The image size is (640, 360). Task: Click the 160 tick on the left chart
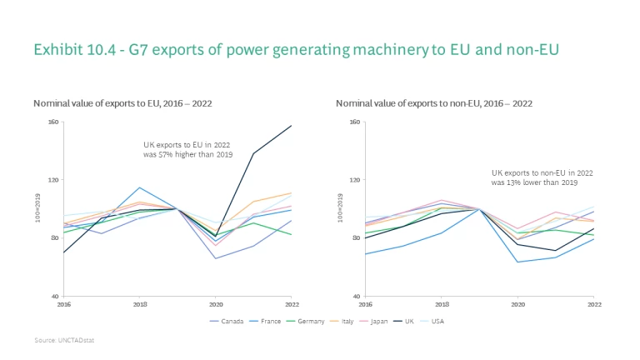[x=54, y=122]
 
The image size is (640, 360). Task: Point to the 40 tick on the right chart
[x=357, y=296]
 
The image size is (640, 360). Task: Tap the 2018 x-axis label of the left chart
[x=140, y=304]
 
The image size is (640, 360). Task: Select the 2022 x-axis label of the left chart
[x=292, y=304]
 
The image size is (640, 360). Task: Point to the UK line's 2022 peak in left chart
[x=292, y=126]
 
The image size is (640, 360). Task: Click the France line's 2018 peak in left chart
[x=140, y=187]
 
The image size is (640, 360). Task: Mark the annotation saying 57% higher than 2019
[x=187, y=150]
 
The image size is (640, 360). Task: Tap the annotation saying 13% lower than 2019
[x=534, y=177]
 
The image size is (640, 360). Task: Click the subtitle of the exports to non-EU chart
[x=433, y=103]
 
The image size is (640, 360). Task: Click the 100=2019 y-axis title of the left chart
[x=37, y=207]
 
